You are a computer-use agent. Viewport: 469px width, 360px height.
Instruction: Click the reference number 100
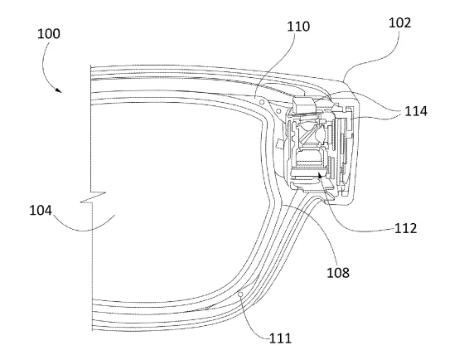[x=49, y=33]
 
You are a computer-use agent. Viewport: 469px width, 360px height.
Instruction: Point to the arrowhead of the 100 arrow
[x=59, y=90]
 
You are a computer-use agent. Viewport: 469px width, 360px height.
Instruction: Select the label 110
[x=298, y=27]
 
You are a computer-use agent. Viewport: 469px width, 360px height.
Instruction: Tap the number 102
[x=399, y=22]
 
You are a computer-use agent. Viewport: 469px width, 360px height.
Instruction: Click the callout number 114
[x=416, y=111]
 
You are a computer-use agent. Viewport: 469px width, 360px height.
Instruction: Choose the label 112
[x=405, y=228]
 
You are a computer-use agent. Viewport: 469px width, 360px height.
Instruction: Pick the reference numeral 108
[x=338, y=273]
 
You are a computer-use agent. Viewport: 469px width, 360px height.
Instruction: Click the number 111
[x=280, y=338]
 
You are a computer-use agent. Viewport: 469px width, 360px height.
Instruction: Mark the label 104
[x=41, y=210]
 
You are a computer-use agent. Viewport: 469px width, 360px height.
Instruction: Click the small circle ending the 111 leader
[x=239, y=295]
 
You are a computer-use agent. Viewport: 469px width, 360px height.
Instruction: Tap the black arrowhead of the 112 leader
[x=320, y=175]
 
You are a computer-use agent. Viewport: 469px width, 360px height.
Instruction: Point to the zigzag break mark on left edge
[x=93, y=197]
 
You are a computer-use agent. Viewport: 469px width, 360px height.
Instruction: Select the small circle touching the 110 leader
[x=262, y=102]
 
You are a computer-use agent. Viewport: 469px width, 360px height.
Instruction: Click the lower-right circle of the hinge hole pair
[x=278, y=112]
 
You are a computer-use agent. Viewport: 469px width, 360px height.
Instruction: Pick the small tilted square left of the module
[x=280, y=144]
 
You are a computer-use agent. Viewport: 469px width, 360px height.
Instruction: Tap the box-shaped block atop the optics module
[x=304, y=105]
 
